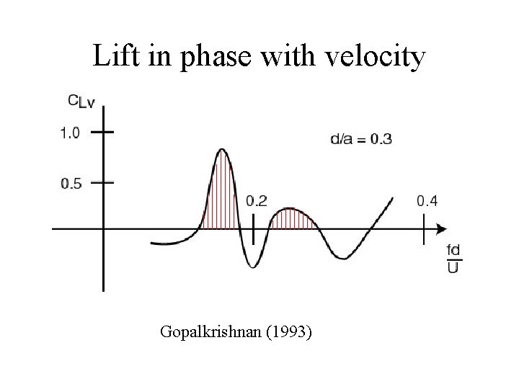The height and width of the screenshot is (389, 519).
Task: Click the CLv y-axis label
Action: tap(80, 103)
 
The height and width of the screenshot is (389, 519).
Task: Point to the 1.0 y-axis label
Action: tap(71, 133)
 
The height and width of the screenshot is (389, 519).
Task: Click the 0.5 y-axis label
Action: tap(71, 183)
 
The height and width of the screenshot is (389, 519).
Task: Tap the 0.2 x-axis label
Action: tap(256, 201)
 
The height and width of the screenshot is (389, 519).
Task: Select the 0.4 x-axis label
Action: tap(427, 201)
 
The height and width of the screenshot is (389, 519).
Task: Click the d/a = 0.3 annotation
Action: tap(361, 138)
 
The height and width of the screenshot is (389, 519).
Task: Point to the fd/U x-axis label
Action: tap(453, 259)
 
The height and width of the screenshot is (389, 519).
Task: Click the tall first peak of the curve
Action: tap(221, 150)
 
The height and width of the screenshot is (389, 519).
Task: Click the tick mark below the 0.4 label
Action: tap(424, 229)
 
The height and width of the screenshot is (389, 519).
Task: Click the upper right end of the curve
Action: tap(393, 197)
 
